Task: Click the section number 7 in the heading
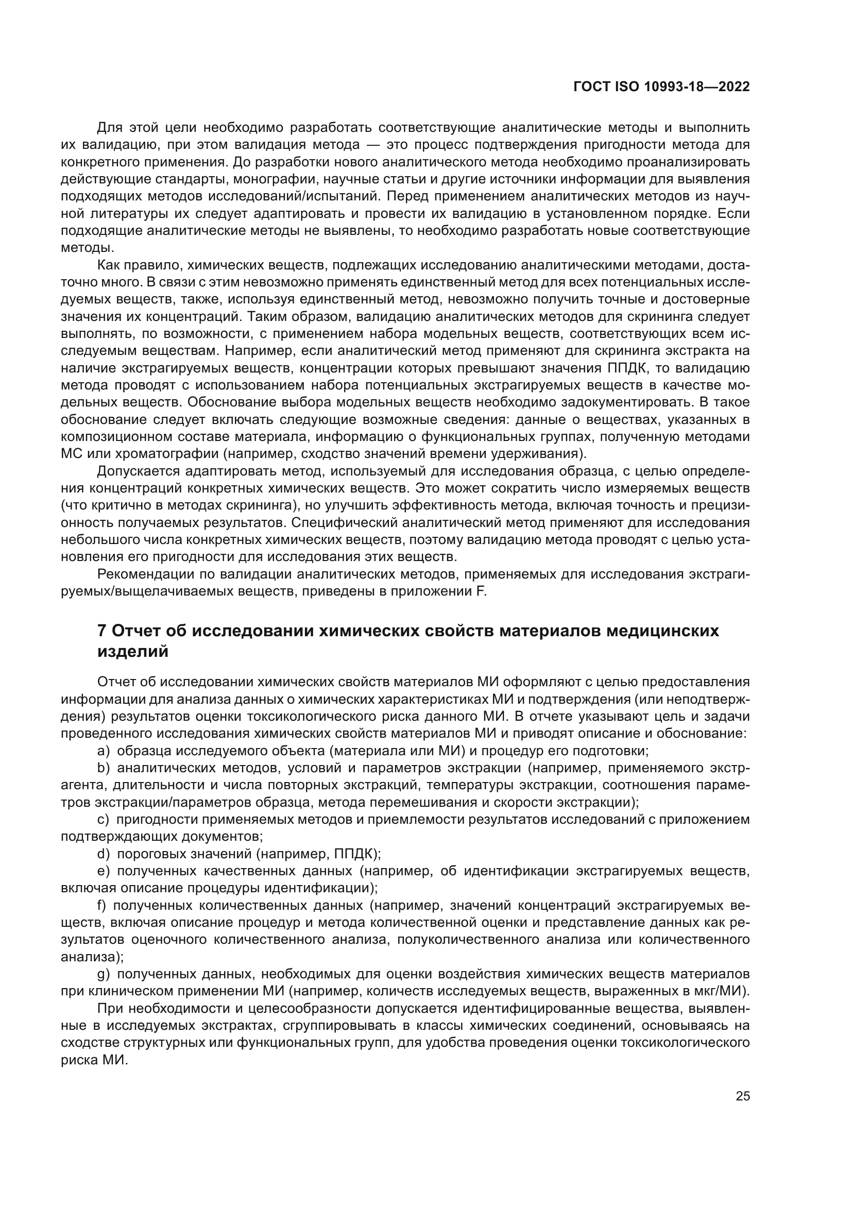pos(102,631)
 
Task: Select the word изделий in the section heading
pos(133,652)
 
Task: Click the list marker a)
pos(104,751)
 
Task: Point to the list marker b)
pos(104,768)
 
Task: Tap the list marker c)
pos(103,820)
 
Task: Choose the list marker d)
pos(104,854)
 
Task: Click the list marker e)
pos(104,871)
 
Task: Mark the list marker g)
pos(104,975)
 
